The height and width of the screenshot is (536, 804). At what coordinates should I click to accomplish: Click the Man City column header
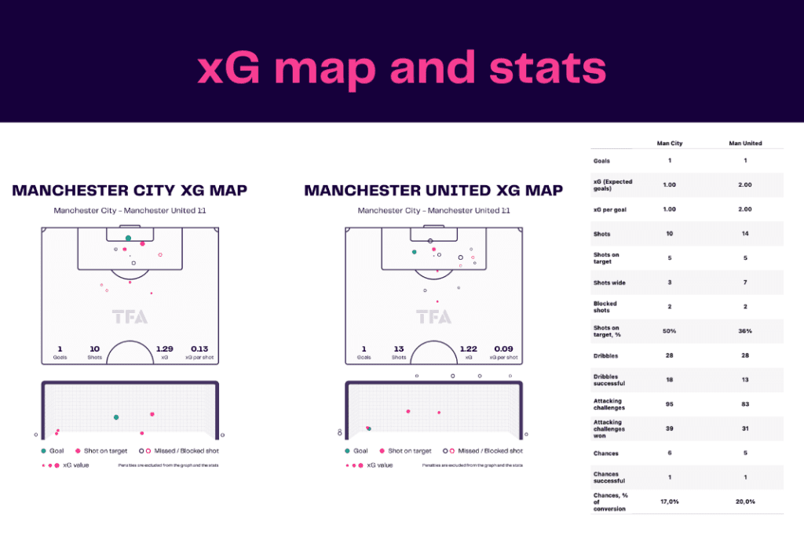point(669,144)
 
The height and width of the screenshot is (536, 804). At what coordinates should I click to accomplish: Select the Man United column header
point(744,144)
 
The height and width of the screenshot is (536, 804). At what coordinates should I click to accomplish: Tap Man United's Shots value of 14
point(744,234)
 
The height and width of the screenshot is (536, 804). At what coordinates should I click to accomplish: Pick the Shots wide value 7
point(744,283)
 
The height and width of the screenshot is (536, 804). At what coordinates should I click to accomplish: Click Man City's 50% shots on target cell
point(669,331)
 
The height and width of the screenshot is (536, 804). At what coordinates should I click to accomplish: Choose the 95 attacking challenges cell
point(669,404)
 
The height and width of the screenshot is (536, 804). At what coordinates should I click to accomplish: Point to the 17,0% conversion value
point(669,501)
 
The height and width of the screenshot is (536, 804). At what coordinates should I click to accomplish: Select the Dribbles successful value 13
point(744,380)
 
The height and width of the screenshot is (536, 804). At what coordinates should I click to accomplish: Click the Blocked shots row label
point(605,307)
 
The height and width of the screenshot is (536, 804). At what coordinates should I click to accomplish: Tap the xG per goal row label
point(608,210)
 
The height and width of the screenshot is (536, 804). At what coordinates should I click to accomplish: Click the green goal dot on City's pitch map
point(128,238)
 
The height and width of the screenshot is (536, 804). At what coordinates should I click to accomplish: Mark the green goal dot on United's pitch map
point(414,252)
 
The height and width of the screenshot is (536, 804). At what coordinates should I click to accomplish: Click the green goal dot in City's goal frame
point(116,417)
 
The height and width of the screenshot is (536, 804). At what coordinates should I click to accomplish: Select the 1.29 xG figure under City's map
point(164,348)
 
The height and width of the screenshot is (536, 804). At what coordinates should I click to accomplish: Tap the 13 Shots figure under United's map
point(399,348)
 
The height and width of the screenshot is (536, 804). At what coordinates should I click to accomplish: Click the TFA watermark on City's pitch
point(130,317)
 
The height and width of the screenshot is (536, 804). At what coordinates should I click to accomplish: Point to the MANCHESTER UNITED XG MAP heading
point(433,191)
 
